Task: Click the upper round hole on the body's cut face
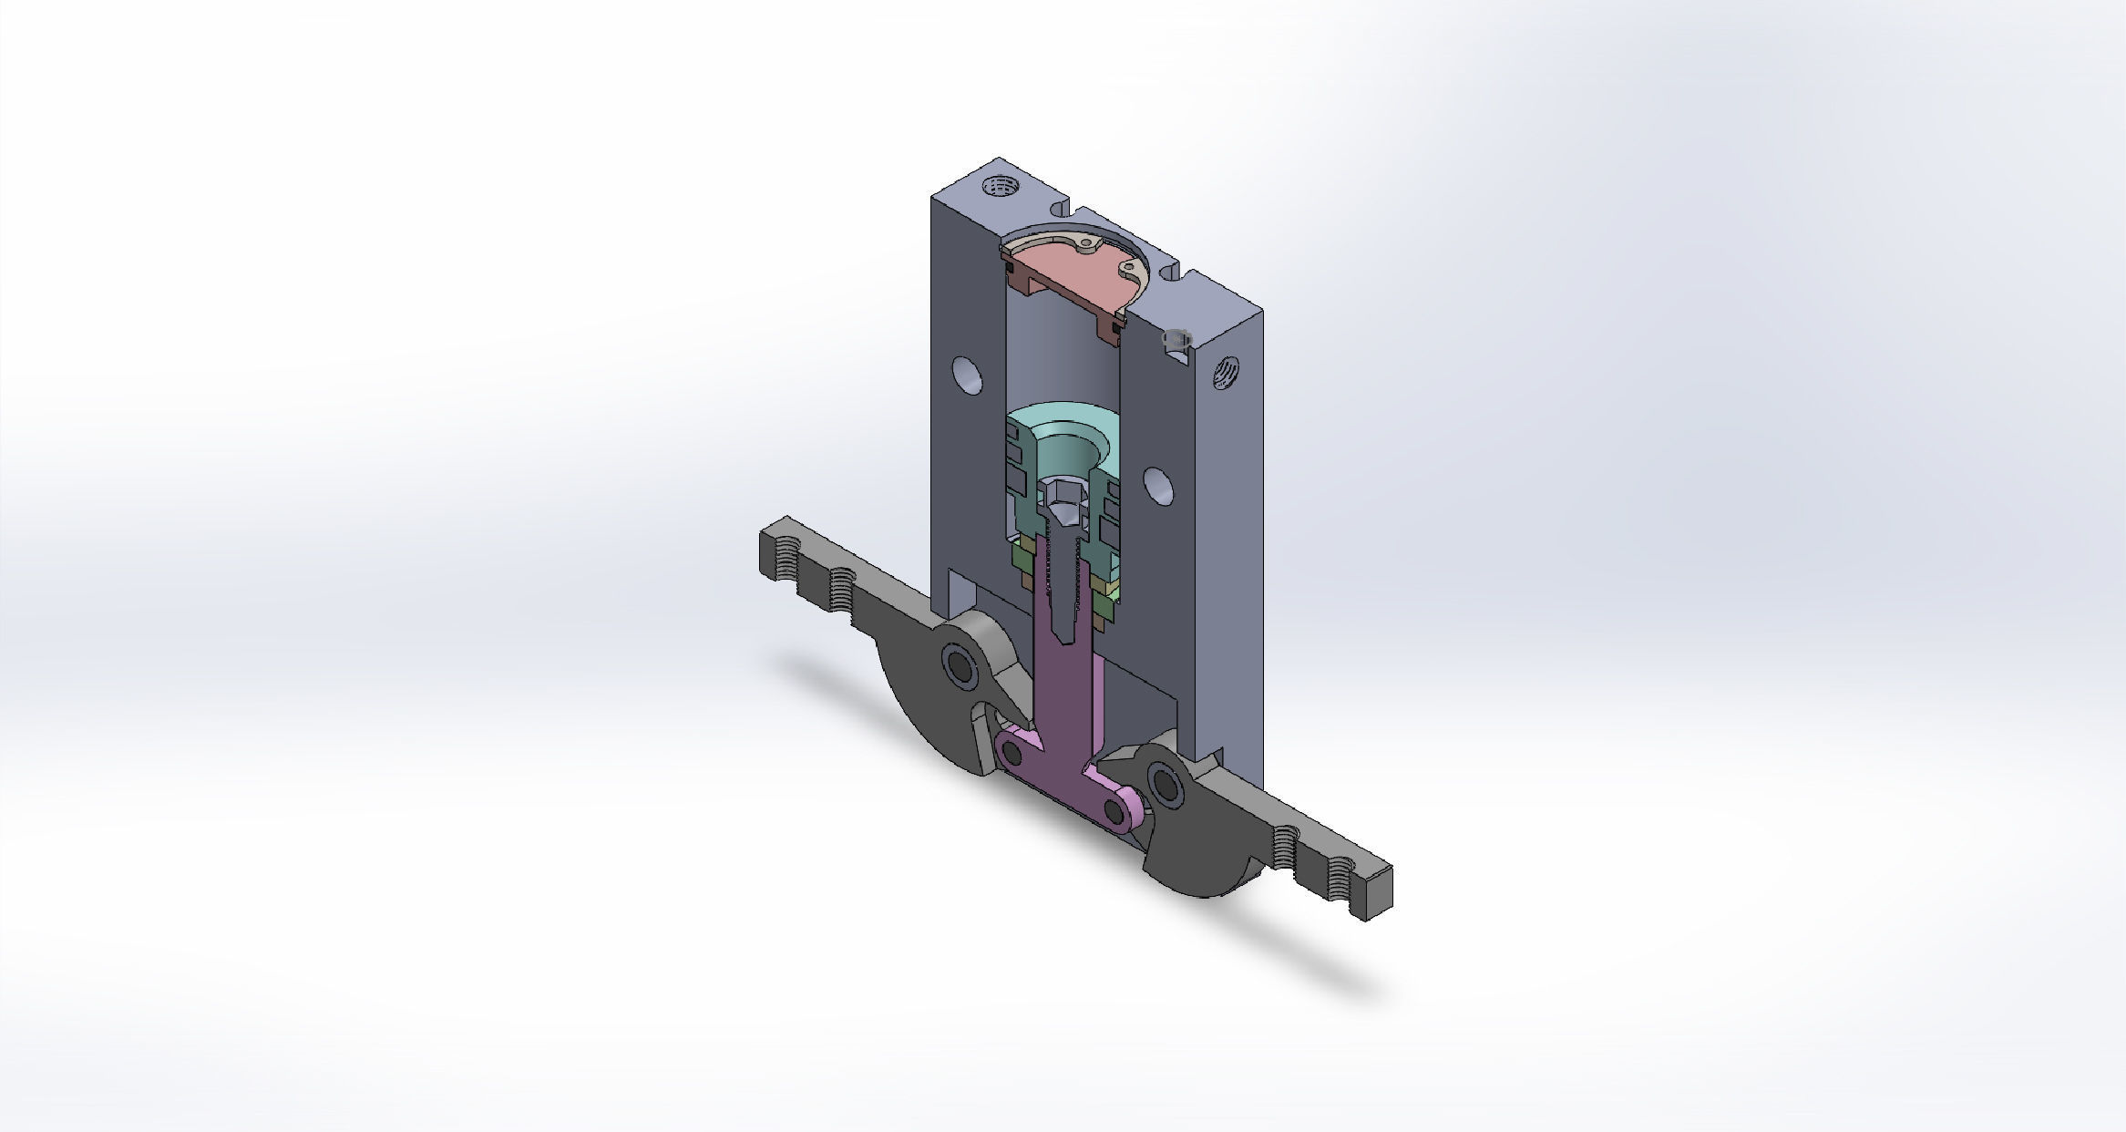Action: (x=967, y=375)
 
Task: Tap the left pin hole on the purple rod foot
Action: (x=1012, y=752)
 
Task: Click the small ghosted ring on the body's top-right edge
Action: (x=1176, y=337)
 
